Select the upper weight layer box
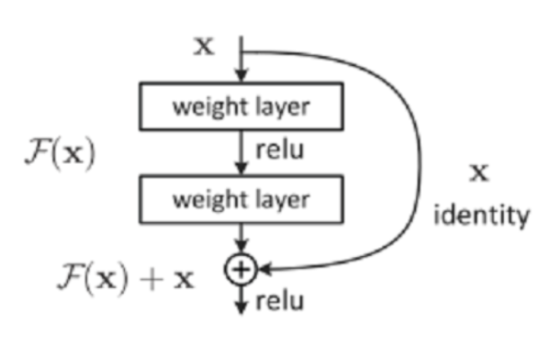click(x=240, y=106)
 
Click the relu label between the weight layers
click(x=278, y=152)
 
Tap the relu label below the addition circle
click(x=278, y=301)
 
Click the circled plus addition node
click(x=240, y=269)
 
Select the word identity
click(x=481, y=215)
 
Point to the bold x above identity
click(x=479, y=173)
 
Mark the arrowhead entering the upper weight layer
click(x=240, y=77)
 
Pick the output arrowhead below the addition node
click(x=240, y=306)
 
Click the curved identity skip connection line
click(x=417, y=159)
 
